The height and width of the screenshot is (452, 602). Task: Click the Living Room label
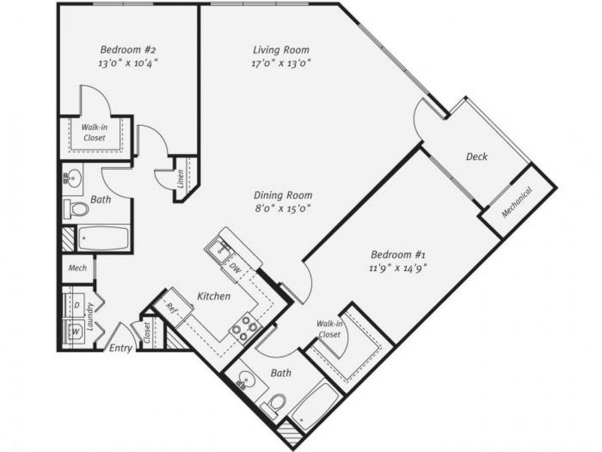coord(281,50)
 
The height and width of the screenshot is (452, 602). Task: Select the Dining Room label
coord(282,195)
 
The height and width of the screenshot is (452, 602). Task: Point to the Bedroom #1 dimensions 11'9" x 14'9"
coord(399,267)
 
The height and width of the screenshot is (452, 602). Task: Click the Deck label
coord(477,157)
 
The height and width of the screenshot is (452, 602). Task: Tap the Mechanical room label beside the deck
coord(517,202)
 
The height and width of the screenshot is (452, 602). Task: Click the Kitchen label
coord(214,296)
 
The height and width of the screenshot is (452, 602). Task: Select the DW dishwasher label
coord(235,270)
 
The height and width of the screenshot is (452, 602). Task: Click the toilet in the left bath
coord(77,208)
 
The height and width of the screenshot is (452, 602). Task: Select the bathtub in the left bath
coord(103,239)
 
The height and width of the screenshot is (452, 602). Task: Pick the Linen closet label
coord(180,178)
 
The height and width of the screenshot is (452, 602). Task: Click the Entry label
coord(121,348)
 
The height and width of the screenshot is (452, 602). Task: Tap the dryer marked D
coord(77,305)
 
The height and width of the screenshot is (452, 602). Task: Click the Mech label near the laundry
coord(77,268)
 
